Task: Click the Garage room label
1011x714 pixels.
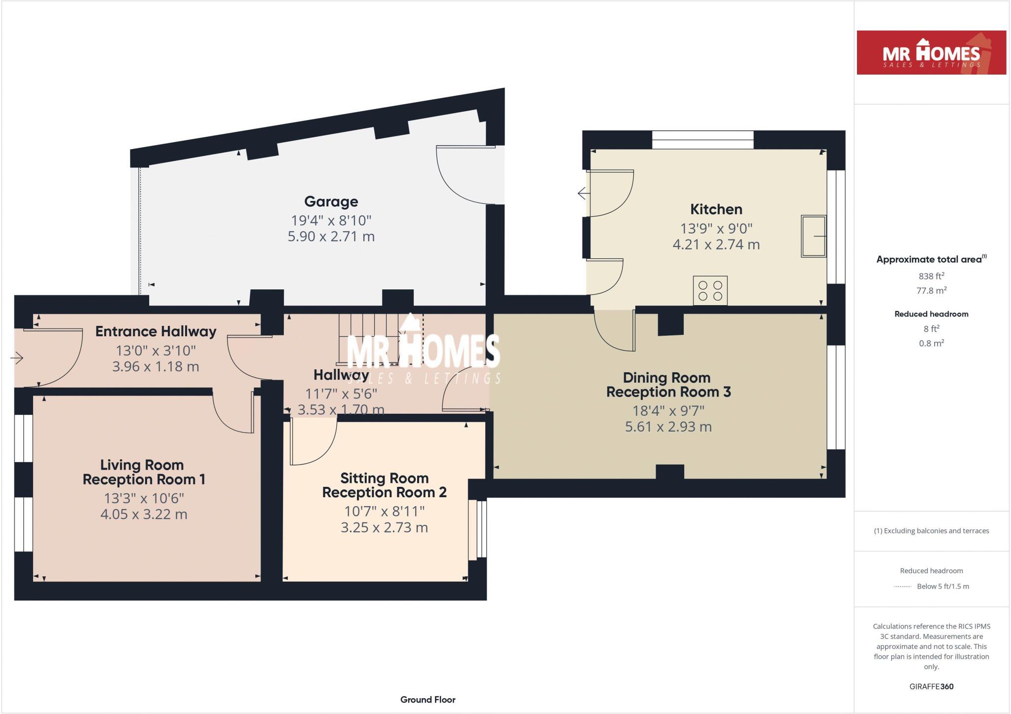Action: [x=331, y=201]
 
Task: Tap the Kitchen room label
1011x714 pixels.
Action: [x=716, y=209]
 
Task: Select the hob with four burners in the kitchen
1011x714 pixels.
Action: [x=710, y=290]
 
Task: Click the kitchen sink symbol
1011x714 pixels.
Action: [x=813, y=236]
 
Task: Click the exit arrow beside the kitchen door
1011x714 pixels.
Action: [x=583, y=193]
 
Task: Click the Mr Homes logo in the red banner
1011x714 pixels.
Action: [x=931, y=53]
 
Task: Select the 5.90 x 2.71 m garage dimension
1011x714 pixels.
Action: [x=331, y=237]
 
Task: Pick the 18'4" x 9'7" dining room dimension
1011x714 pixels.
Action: [x=668, y=410]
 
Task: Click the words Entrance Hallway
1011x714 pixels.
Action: [x=156, y=331]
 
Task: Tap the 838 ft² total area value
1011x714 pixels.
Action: [x=931, y=276]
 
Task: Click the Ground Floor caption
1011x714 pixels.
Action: [x=428, y=699]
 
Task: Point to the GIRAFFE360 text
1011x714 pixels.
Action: [x=931, y=686]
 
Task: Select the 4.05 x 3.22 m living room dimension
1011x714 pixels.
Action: [x=144, y=515]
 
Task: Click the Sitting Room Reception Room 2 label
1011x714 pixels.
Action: [x=384, y=485]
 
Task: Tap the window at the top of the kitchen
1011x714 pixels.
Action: [x=702, y=140]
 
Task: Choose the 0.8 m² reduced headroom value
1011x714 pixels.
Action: [x=931, y=343]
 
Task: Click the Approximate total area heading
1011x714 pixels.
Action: [x=931, y=259]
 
